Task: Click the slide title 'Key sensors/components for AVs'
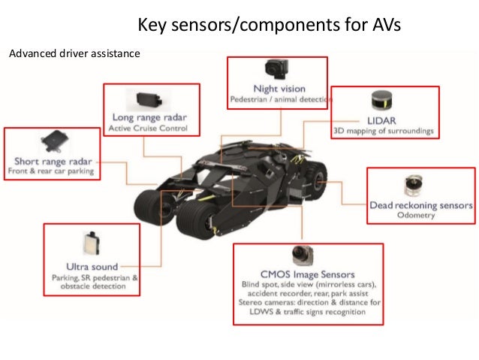tap(269, 26)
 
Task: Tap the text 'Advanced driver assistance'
tap(73, 53)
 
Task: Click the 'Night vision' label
tap(279, 89)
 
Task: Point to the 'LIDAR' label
tap(382, 119)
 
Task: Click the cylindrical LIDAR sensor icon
tap(382, 101)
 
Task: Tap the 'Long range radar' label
tap(149, 117)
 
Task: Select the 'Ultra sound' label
tap(92, 265)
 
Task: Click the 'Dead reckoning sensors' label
tap(420, 204)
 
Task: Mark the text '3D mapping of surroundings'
tap(382, 131)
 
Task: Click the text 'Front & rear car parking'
tap(50, 171)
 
